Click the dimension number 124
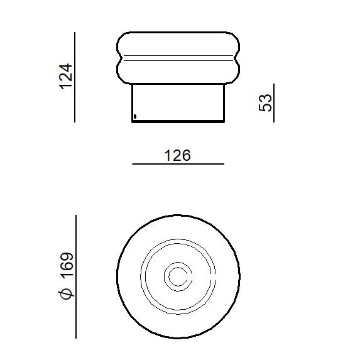66,77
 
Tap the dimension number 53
265,102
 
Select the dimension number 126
178,155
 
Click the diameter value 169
67,264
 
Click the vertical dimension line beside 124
75,77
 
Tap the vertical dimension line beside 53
274,103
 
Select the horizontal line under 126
178,164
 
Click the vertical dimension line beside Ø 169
76,276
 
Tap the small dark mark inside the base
135,117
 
